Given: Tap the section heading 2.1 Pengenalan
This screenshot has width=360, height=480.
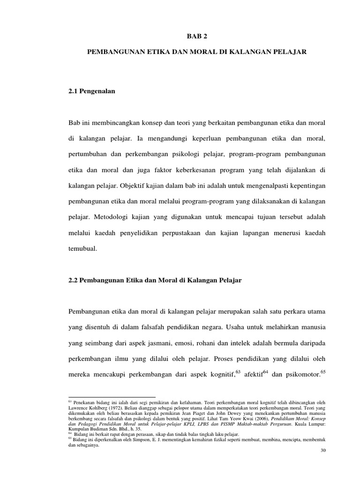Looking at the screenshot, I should click(x=91, y=92).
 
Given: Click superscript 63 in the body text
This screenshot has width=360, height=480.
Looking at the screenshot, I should click(x=238, y=373).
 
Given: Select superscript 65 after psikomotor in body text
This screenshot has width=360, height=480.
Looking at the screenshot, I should click(x=322, y=373).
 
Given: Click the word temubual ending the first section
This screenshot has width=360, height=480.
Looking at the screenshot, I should click(x=82, y=249).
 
